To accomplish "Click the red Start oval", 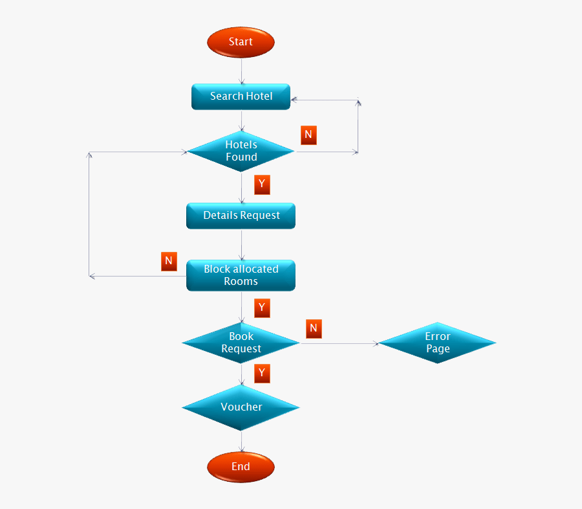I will (x=241, y=42).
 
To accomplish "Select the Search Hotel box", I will (x=241, y=96).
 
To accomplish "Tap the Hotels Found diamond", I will (x=241, y=151).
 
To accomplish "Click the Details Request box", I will (x=241, y=216).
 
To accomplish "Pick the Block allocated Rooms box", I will (x=241, y=275).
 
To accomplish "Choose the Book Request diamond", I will (x=241, y=343).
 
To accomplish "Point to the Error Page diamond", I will (x=437, y=343).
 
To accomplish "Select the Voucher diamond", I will (x=241, y=407).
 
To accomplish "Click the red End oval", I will (x=241, y=467).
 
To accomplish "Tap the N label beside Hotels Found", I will (x=308, y=135).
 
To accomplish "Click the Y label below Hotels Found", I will (x=262, y=185).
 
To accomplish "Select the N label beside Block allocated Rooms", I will (x=169, y=262).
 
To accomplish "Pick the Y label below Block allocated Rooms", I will (x=262, y=308).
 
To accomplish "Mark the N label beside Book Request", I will (x=314, y=329).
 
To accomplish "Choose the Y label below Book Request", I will (x=262, y=373).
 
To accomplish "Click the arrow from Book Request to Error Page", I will (x=339, y=343).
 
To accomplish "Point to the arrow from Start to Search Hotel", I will (x=241, y=71).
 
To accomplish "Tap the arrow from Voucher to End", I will (x=241, y=441).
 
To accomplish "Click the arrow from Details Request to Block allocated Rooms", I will (x=241, y=244).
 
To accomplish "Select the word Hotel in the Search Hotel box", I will (x=259, y=96).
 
